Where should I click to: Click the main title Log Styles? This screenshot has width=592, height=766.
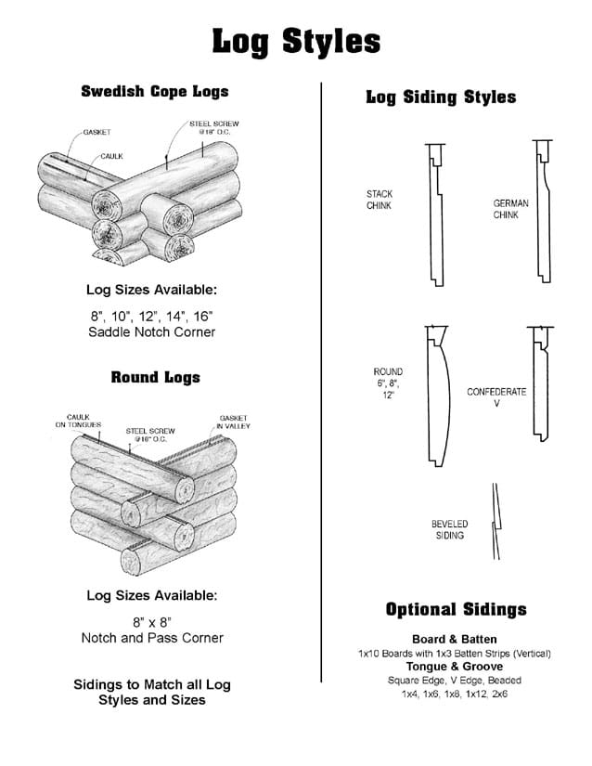296,42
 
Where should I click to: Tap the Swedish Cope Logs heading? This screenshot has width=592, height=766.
155,91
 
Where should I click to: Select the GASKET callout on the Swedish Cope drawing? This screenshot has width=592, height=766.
97,132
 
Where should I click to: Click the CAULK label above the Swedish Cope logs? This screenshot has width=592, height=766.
111,156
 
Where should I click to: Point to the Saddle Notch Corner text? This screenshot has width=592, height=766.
152,332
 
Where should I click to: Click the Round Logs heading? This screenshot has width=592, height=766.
155,377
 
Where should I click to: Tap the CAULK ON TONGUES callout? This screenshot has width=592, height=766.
78,421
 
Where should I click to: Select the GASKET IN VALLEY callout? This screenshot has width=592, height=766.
233,422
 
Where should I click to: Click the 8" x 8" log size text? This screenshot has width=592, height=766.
152,622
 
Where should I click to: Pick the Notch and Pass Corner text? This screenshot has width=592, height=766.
152,638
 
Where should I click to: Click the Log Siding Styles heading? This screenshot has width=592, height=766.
441,97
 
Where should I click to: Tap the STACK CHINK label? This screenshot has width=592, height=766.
380,200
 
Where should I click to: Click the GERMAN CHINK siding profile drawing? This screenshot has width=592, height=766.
543,211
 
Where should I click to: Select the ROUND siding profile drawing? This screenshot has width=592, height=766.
438,396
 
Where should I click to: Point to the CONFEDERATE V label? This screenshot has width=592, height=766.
496,397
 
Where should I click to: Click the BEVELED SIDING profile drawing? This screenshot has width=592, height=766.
496,522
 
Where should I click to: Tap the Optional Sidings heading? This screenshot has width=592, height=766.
457,610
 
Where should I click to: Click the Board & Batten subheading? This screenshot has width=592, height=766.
455,640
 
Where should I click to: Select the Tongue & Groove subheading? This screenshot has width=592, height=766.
455,667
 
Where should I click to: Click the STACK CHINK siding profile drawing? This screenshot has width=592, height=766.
436,215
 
